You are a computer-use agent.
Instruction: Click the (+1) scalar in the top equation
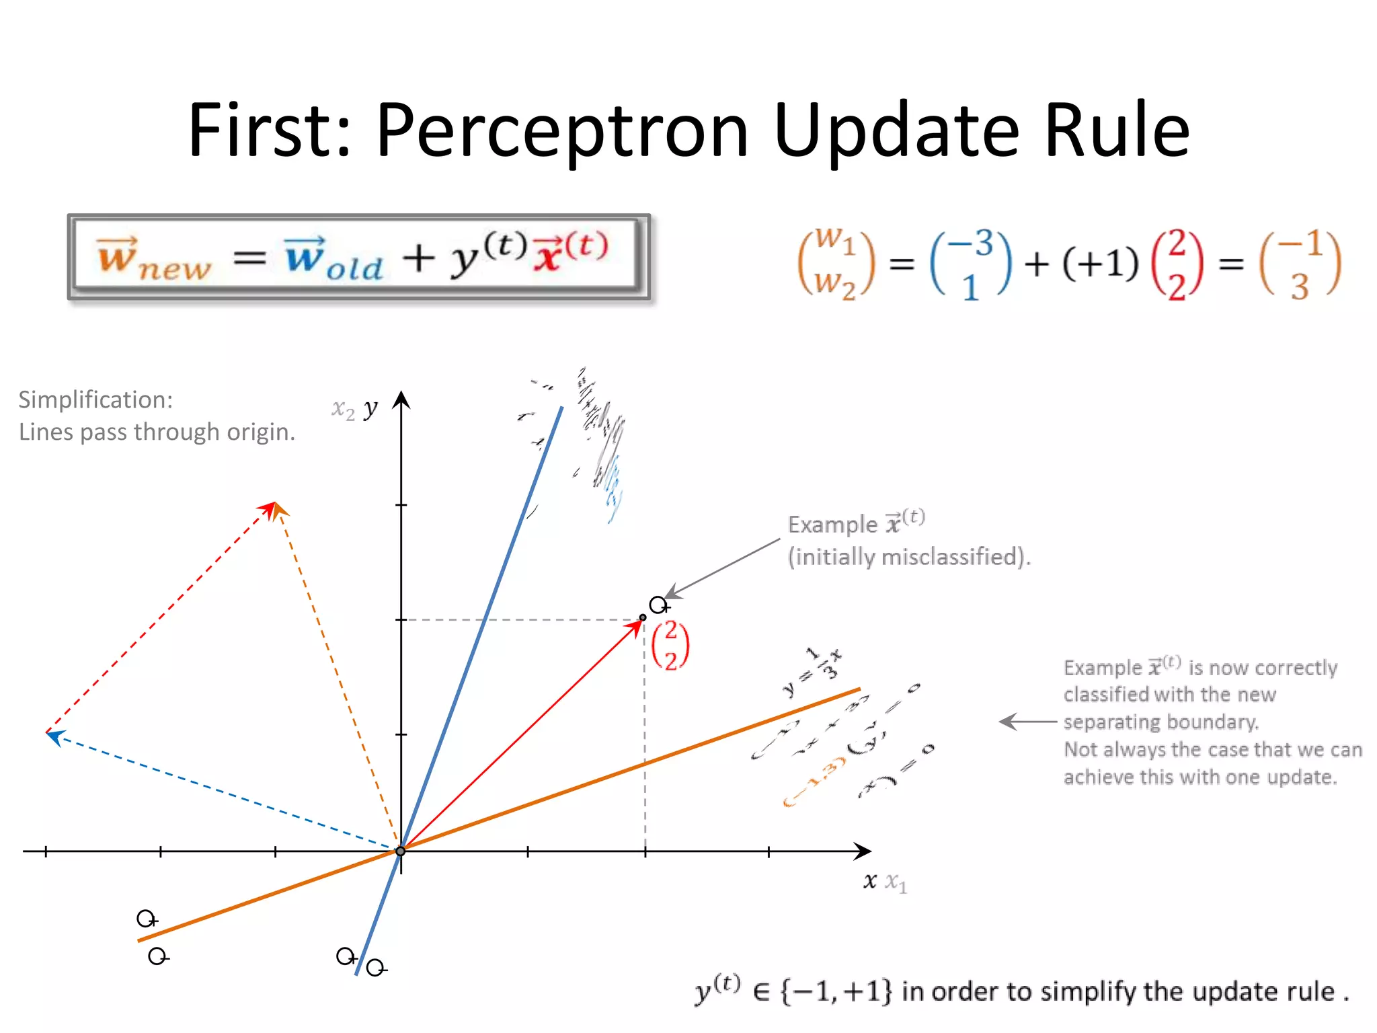click(x=1101, y=263)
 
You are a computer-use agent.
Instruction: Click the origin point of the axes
click(x=401, y=851)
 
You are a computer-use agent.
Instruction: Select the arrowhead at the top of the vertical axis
click(x=401, y=399)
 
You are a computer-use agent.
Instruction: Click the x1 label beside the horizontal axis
click(x=896, y=882)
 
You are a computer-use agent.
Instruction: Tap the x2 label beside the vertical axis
click(x=343, y=409)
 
